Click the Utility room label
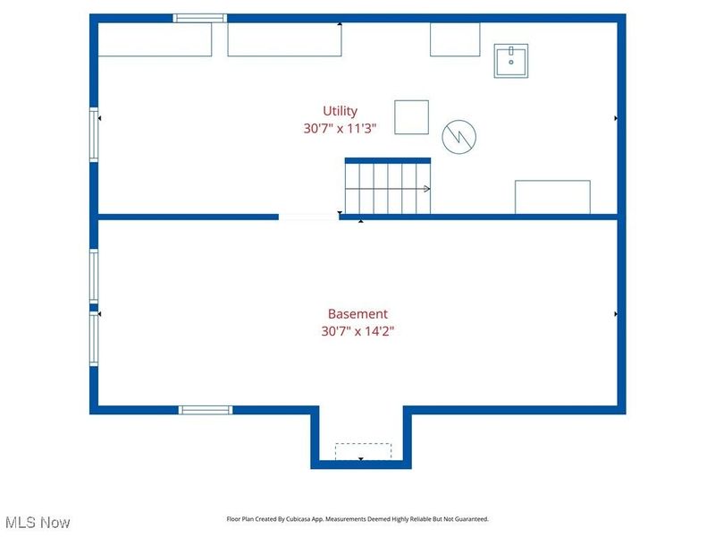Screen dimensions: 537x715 click(340, 111)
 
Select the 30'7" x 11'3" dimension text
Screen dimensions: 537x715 click(340, 129)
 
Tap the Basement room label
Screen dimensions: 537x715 click(357, 314)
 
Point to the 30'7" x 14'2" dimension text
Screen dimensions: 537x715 click(357, 331)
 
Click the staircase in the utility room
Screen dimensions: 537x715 click(388, 188)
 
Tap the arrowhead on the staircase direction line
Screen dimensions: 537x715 click(427, 189)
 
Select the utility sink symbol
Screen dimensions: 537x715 click(511, 60)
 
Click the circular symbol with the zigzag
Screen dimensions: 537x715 click(459, 136)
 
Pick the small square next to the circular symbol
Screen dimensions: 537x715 click(412, 117)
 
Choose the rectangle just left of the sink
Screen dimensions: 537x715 click(455, 39)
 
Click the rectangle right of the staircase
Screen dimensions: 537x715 click(551, 197)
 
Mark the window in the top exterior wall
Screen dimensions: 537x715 click(200, 18)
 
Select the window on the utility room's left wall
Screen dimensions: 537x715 click(93, 134)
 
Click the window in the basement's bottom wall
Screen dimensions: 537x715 click(206, 410)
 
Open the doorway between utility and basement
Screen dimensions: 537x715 click(308, 216)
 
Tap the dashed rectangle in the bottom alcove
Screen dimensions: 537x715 click(363, 451)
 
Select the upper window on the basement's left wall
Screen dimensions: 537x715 click(93, 276)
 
